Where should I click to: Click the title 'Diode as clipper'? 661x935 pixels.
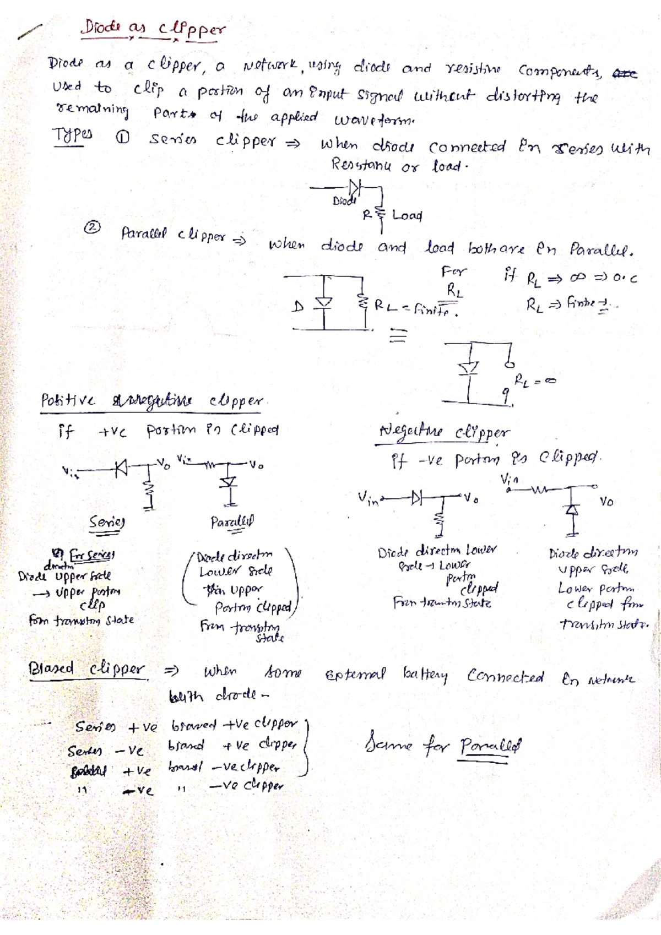(x=153, y=29)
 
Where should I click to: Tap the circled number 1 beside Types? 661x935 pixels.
(x=123, y=139)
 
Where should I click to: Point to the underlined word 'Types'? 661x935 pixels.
(x=72, y=135)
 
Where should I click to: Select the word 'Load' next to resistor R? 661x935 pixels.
(x=407, y=215)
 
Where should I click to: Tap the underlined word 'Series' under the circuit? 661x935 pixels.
(x=107, y=522)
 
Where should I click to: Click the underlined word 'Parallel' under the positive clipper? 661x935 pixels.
(x=232, y=522)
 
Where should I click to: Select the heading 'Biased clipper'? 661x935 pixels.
(x=87, y=669)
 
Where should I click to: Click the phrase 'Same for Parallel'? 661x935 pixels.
(x=442, y=746)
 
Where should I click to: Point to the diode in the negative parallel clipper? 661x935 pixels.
(x=573, y=510)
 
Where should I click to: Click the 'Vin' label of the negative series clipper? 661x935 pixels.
(x=369, y=498)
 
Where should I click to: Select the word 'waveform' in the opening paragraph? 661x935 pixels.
(x=375, y=119)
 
